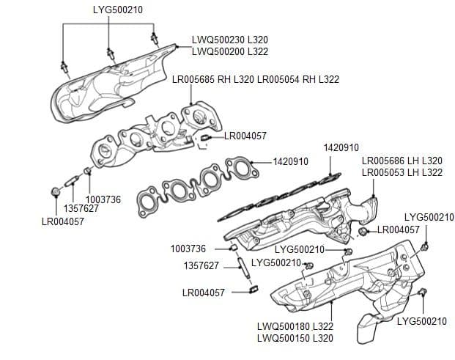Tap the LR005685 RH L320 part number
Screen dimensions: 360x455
[212, 79]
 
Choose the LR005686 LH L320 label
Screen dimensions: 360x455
[402, 161]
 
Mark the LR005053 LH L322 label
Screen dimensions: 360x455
[402, 172]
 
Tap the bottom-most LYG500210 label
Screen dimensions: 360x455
[421, 321]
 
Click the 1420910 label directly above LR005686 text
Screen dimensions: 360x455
[341, 147]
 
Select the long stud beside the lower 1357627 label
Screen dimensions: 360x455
[245, 268]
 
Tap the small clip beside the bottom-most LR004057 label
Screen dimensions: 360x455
[254, 291]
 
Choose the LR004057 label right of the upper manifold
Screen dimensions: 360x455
[245, 136]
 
